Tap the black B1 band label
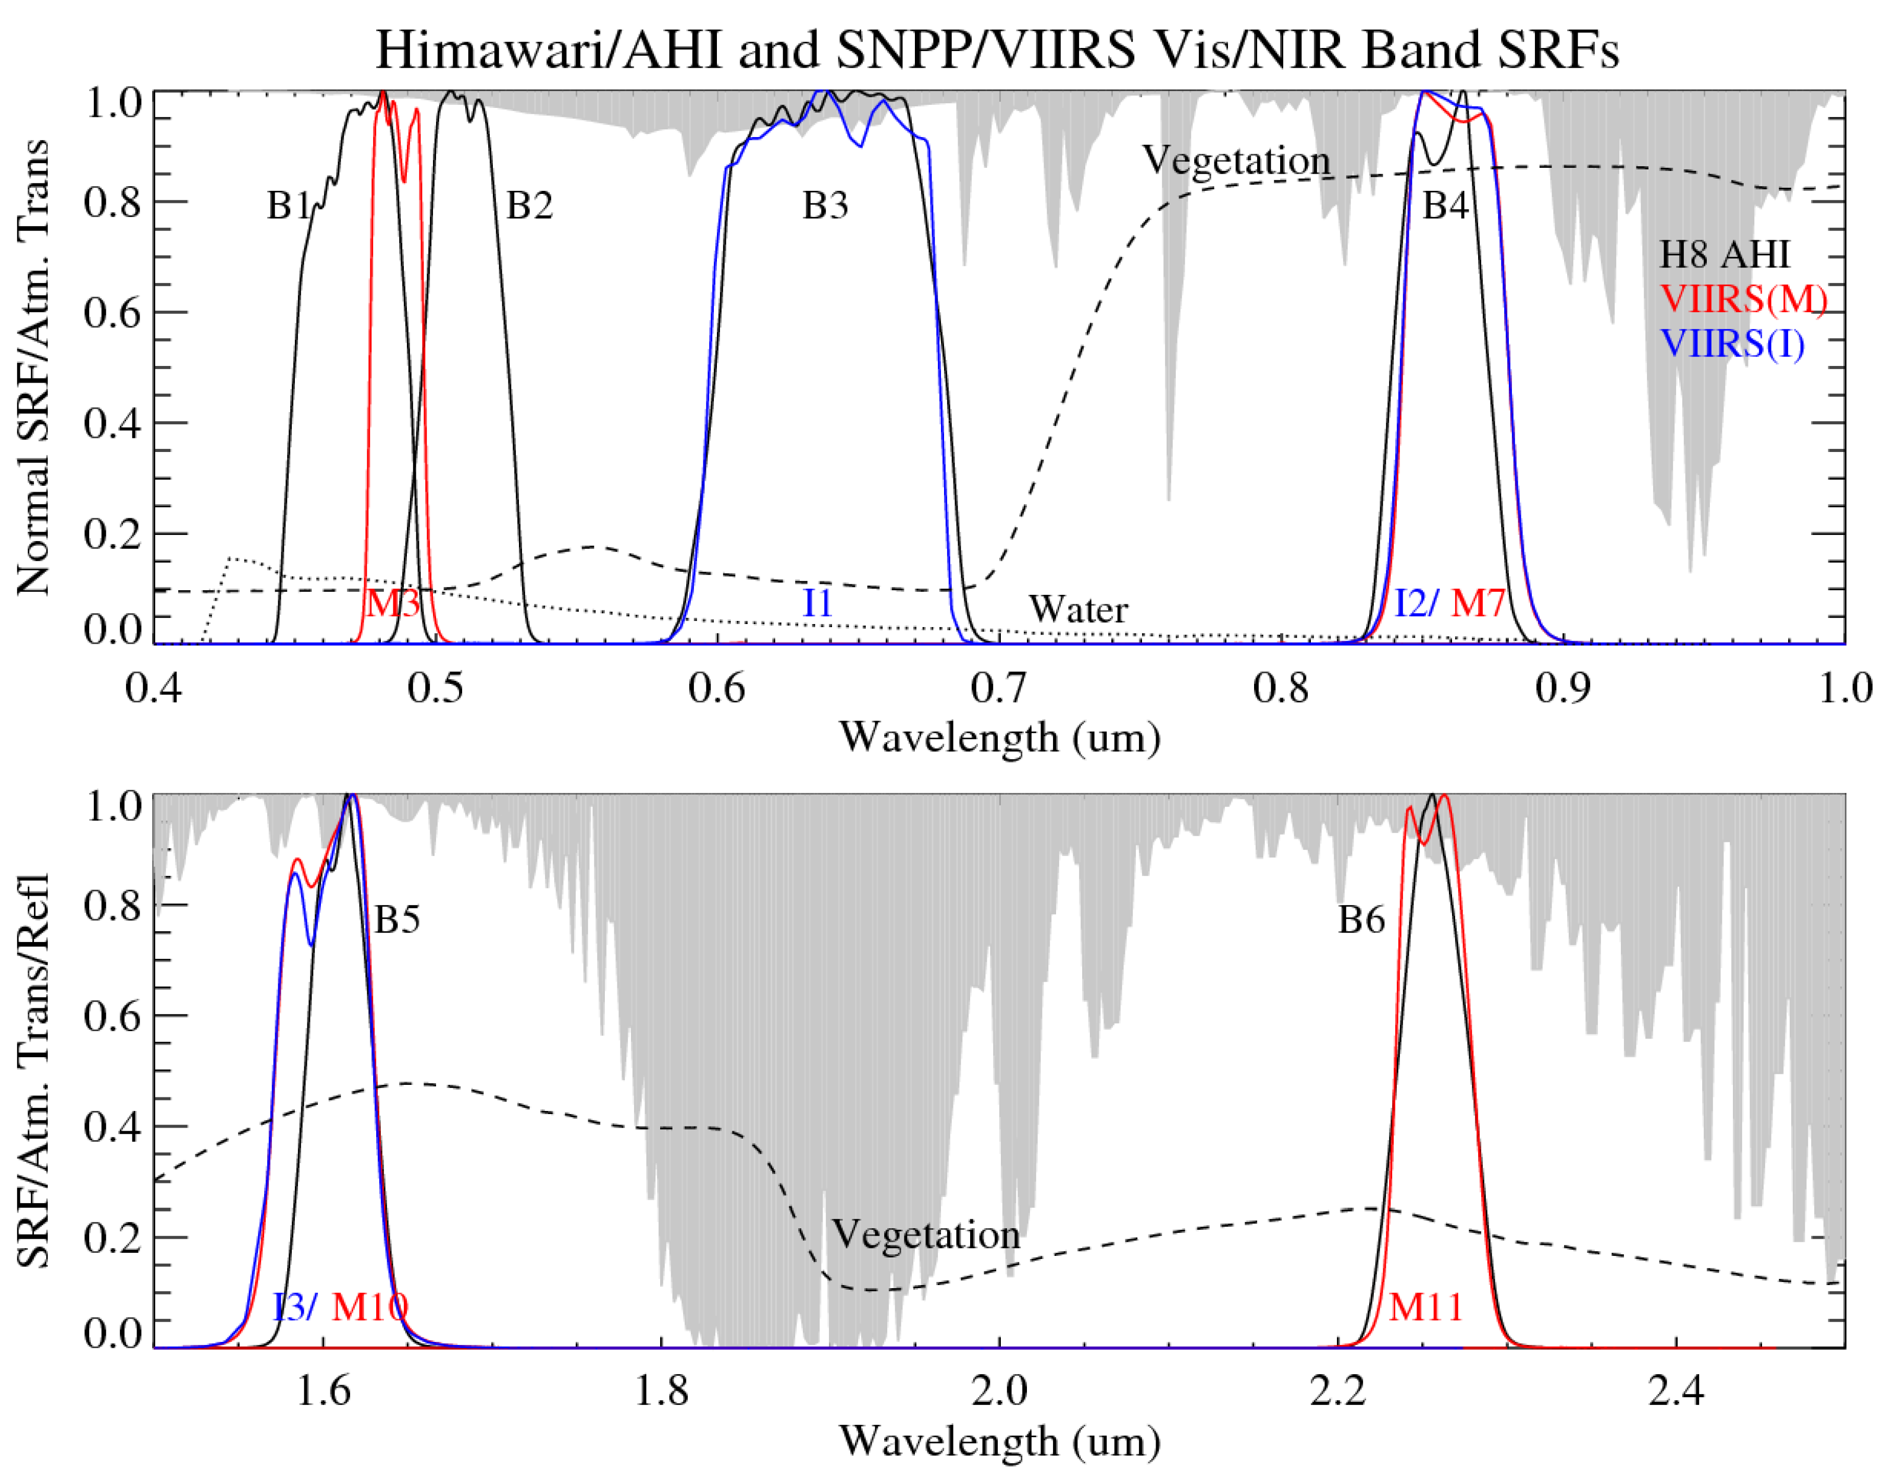tap(288, 206)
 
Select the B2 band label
tap(529, 206)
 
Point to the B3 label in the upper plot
tap(825, 206)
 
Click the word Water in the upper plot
tap(1077, 609)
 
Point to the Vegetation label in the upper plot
tap(1236, 160)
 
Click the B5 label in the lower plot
tap(396, 920)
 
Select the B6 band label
tap(1361, 920)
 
